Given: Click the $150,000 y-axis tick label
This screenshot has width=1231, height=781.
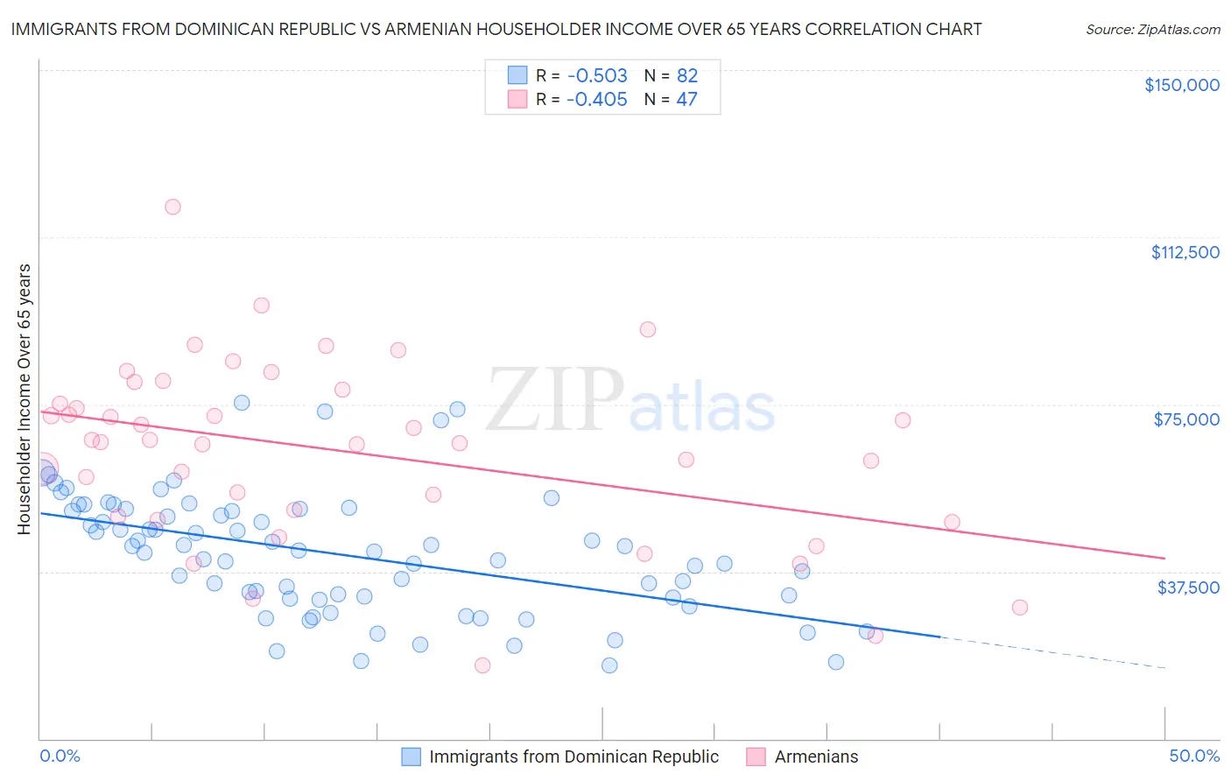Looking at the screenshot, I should (1181, 85).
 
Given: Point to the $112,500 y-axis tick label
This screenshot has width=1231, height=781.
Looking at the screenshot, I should (1185, 252).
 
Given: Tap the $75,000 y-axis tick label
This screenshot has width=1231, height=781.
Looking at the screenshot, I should (1186, 419).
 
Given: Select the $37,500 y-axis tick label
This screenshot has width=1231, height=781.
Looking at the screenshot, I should (1188, 588).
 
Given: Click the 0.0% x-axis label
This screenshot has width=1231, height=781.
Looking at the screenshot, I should (60, 756).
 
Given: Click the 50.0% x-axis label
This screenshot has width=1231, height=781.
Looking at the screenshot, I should (1194, 756).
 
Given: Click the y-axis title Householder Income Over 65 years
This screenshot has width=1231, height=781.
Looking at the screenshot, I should (25, 398).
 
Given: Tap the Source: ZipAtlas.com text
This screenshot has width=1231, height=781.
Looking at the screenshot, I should (1152, 30).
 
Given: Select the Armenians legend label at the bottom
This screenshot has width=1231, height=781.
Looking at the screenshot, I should (816, 756).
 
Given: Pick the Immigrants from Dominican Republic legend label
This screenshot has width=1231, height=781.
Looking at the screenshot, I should (573, 756).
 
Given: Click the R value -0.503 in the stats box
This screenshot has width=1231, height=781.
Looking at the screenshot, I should (596, 75).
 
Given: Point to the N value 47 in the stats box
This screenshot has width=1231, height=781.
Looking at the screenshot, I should (686, 99).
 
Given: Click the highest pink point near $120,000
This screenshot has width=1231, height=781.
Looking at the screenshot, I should (172, 207).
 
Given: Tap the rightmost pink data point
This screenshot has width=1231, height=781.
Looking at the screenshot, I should (1019, 607).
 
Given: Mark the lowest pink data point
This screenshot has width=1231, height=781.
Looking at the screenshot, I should (482, 665).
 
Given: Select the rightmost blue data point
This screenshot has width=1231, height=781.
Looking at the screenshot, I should (867, 631).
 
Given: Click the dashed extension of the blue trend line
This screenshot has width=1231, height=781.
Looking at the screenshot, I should (1051, 652).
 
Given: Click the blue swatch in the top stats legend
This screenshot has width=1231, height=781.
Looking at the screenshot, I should (517, 75).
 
